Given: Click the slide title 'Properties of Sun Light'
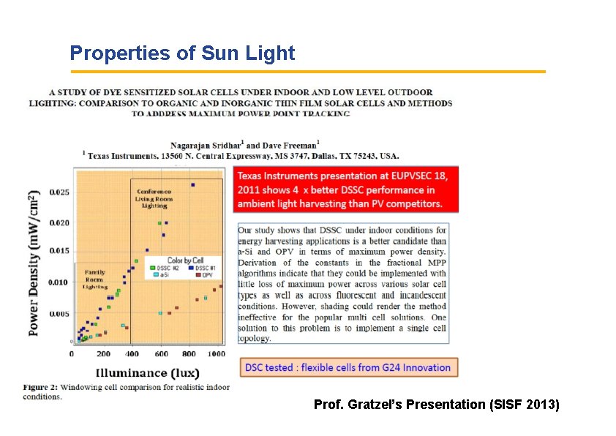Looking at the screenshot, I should pos(182,53).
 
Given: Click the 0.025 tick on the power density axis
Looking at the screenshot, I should pos(59,192).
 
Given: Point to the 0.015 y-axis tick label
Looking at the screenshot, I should pos(59,251).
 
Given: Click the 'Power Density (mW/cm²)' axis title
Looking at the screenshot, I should pos(34,263).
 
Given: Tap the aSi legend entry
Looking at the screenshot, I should pos(160,276).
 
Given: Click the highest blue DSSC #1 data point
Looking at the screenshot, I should pos(193,185).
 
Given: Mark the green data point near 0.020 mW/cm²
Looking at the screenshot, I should pos(160,222).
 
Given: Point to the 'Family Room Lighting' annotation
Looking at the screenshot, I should pos(95,279).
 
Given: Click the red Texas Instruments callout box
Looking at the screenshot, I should pos(346,190).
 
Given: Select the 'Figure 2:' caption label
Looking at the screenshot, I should pos(39,387).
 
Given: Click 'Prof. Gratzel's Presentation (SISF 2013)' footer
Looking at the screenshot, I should pos(436,404).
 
